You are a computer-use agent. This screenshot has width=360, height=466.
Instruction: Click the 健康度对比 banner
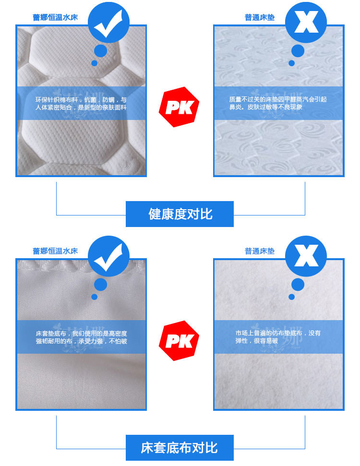[180, 214]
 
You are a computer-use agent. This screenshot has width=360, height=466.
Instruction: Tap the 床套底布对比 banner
[180, 448]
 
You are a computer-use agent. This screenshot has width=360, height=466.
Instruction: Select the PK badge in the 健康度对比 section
[179, 107]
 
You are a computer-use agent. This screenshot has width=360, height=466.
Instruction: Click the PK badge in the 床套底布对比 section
[179, 341]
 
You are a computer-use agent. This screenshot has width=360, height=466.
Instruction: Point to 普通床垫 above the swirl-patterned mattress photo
[260, 17]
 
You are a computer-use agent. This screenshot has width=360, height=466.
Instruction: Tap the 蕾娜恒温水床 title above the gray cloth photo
[55, 251]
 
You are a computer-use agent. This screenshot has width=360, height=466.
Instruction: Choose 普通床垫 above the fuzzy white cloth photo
[260, 251]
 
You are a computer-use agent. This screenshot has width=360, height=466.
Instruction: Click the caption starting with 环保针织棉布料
[81, 103]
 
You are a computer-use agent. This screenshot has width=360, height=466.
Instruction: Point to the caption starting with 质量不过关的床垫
[278, 103]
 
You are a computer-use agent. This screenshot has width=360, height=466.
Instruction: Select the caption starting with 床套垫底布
[81, 337]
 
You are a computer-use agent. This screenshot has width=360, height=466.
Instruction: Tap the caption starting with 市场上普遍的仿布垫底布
[278, 337]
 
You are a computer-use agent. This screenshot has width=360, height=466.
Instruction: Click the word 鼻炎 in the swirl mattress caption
[235, 107]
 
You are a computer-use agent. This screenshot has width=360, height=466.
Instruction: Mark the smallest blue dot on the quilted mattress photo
[95, 63]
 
